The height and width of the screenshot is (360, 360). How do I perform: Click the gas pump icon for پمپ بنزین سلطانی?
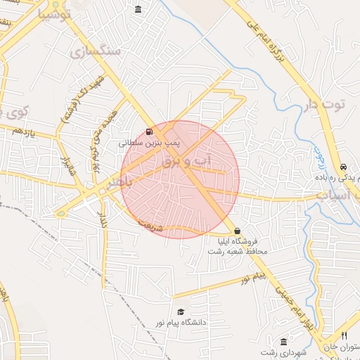[x=148, y=131]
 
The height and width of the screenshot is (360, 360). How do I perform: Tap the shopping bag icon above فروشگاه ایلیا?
[x=237, y=231]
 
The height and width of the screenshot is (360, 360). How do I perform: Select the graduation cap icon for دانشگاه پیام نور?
[x=181, y=311]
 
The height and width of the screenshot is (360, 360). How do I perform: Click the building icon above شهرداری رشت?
[x=283, y=341]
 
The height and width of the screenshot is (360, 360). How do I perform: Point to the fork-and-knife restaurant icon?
[x=344, y=335]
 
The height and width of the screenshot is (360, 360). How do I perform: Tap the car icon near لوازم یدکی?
[x=342, y=167]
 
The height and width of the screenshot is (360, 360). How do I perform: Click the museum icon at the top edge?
[x=137, y=9]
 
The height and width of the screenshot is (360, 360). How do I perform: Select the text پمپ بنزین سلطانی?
[x=149, y=142]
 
